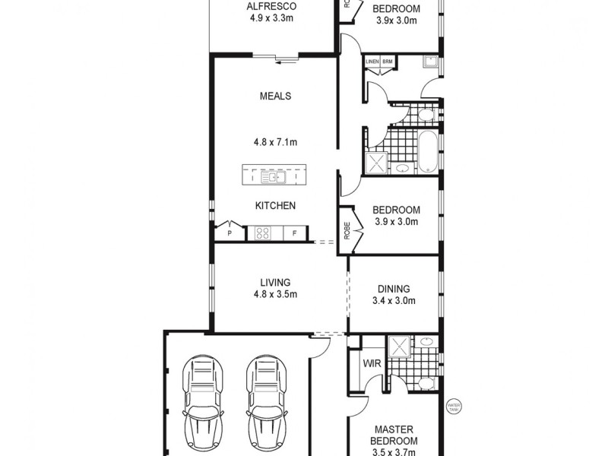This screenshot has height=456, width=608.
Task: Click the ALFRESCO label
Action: click(271, 7)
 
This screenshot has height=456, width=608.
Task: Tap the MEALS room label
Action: click(275, 97)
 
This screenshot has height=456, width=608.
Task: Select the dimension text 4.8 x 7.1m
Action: click(275, 141)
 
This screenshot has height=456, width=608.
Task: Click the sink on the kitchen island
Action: click(271, 177)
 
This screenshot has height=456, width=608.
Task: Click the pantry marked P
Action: click(230, 233)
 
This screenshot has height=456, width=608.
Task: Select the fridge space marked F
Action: click(294, 233)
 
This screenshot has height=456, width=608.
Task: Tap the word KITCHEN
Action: click(275, 206)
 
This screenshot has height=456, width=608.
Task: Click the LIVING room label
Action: click(275, 282)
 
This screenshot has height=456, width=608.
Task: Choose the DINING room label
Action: click(393, 289)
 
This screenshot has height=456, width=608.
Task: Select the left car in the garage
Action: click(201, 403)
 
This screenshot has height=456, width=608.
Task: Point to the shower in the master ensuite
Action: click(398, 347)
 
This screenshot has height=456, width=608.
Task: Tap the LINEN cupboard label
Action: click(372, 62)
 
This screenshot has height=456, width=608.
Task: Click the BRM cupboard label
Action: click(387, 62)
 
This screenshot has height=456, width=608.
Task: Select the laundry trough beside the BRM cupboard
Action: click(429, 62)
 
